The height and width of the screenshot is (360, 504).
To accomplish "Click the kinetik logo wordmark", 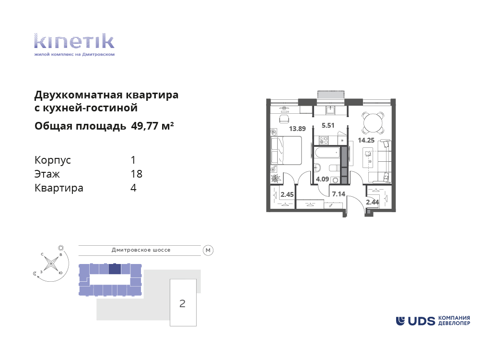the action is tap(74, 41).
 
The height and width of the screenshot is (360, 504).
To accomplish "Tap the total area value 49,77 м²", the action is tap(152, 126).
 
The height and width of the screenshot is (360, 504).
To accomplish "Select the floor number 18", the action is tap(137, 174).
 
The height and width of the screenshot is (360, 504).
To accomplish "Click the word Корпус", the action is tap(53, 160).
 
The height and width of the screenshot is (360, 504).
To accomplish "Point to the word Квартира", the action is tap(59, 188).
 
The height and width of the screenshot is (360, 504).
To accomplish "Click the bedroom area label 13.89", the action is tap(297, 129).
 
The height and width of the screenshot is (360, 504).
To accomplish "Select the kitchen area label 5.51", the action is tap(328, 125).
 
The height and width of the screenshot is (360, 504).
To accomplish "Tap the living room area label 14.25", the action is tap(366, 140).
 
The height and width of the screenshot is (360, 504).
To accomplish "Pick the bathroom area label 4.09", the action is tap(322, 179).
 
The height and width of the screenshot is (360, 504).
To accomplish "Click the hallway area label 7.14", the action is tap(339, 194).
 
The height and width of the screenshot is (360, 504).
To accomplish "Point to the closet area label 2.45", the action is tap(287, 194).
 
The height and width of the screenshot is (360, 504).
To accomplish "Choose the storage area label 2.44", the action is tap(373, 202).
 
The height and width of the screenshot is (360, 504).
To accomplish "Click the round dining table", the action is tap(373, 122).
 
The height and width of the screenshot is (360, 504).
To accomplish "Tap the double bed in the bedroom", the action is tap(286, 151).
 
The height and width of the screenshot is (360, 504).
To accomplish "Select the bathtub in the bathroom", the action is tap(327, 153).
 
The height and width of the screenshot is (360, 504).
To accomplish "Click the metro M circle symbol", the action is tap(208, 250).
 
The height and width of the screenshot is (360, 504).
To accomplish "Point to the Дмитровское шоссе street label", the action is tap(141, 250).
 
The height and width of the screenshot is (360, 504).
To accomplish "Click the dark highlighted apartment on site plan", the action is tap(115, 269).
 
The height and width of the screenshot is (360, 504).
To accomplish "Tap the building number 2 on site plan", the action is tap(182, 303).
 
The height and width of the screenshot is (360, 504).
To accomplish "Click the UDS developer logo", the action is tap(433, 321).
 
